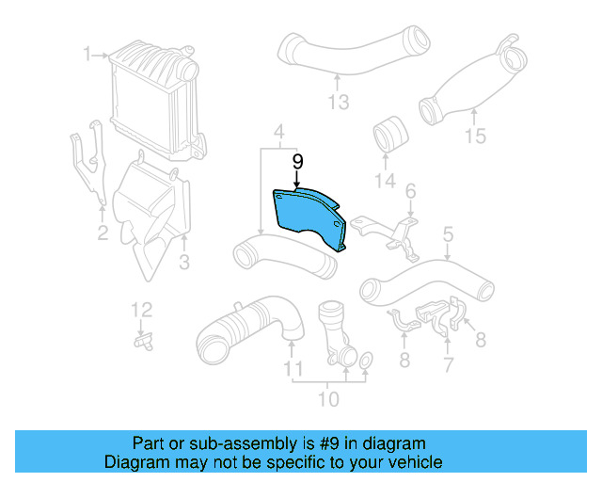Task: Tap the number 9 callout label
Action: [297, 163]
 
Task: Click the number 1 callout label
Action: [87, 54]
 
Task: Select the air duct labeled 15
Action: [475, 80]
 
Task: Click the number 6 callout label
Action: [411, 191]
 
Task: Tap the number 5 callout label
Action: [448, 233]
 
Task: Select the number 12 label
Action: [140, 309]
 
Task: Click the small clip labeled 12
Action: [144, 341]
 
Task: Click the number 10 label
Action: [328, 400]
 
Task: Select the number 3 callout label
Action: [184, 261]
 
